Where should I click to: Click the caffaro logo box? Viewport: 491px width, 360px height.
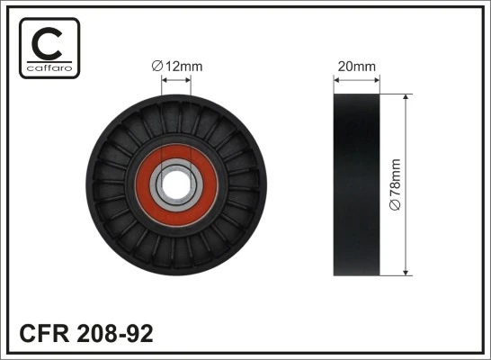click(49, 48)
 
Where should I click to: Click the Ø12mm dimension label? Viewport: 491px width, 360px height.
click(176, 65)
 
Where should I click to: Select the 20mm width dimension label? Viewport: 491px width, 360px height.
click(356, 66)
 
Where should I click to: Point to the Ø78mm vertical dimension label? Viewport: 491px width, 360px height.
click(395, 185)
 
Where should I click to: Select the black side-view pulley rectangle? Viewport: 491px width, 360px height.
click(356, 184)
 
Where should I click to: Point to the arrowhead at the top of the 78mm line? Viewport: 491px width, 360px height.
click(406, 95)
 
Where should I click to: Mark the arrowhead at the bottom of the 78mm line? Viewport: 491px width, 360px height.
click(406, 271)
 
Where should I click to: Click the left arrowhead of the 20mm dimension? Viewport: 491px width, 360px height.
click(336, 79)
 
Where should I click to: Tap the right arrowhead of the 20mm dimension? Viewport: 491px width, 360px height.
click(376, 79)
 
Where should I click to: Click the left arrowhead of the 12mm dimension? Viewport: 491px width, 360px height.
click(165, 79)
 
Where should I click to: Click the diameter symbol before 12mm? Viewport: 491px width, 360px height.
click(156, 65)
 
